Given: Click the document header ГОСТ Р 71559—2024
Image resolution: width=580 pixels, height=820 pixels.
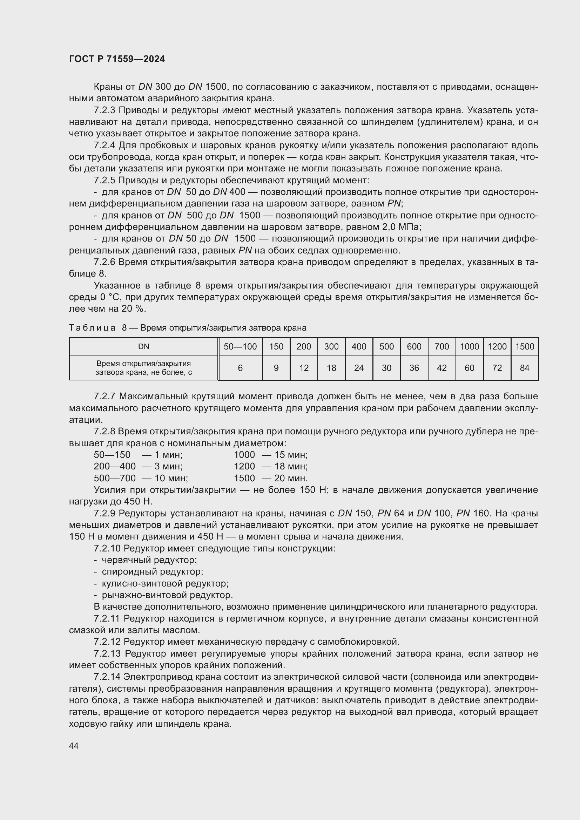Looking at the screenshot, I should click(x=117, y=59).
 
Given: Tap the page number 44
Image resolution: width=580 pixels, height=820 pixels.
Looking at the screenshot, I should click(x=74, y=746).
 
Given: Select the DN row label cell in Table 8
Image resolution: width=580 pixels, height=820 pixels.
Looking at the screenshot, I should click(x=143, y=346).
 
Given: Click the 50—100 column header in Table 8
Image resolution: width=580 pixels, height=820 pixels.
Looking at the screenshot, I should click(x=240, y=346).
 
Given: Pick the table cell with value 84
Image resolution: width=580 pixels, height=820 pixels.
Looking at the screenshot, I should click(x=525, y=368).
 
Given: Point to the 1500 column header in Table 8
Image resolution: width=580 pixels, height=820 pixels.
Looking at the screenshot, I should click(x=525, y=346).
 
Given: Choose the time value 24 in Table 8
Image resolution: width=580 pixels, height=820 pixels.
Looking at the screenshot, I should click(x=359, y=368).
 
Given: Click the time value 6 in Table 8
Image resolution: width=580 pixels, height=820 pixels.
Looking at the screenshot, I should click(x=240, y=368).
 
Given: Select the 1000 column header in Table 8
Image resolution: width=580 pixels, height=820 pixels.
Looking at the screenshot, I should click(x=469, y=346).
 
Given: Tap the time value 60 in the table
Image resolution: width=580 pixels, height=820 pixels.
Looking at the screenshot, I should click(x=469, y=368).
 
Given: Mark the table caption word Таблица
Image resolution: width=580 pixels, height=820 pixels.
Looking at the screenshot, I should click(x=92, y=328).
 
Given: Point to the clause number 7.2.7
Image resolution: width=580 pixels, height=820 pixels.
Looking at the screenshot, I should click(x=104, y=397).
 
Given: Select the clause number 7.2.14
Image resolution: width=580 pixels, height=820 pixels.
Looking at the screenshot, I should click(x=107, y=677).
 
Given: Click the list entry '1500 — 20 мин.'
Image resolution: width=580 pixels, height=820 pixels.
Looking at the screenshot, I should click(x=270, y=478).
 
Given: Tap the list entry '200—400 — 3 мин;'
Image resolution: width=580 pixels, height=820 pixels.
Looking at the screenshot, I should click(x=138, y=466).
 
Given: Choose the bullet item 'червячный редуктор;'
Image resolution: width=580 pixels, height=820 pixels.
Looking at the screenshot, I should click(x=149, y=560).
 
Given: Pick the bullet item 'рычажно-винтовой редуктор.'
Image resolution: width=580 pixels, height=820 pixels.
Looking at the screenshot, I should click(x=167, y=595).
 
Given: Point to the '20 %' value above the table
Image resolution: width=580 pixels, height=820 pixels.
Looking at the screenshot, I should click(x=133, y=309).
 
